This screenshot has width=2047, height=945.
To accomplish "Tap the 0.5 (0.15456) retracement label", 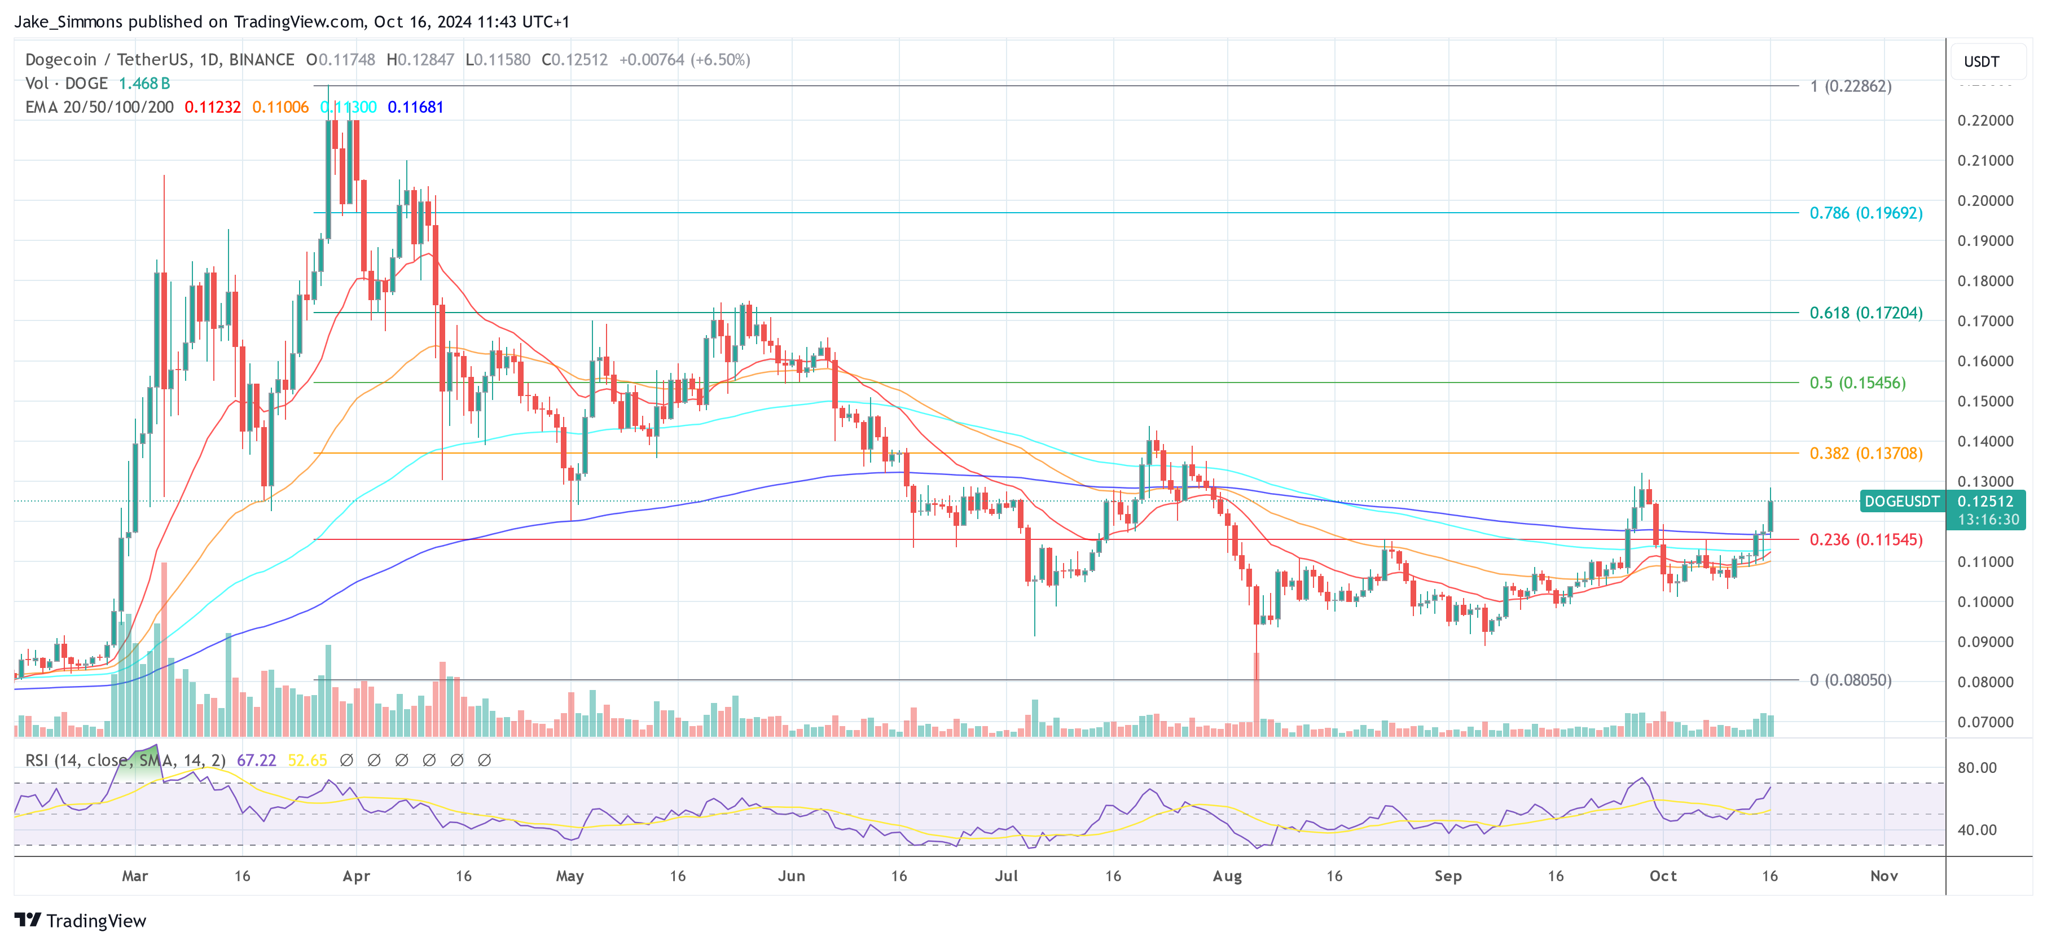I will [x=1857, y=383].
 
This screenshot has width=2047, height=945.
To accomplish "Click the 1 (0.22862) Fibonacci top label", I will [x=1850, y=86].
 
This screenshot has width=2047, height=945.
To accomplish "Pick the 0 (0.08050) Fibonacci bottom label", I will [x=1850, y=680].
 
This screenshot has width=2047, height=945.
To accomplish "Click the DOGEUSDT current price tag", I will [x=1901, y=502].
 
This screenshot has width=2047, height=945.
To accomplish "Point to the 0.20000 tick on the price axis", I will [x=1985, y=201].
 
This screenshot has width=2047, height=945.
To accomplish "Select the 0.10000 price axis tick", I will [x=1985, y=601].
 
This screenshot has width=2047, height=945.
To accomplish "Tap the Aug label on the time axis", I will [x=1227, y=876].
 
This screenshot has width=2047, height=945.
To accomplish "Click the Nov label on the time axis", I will [x=1883, y=876].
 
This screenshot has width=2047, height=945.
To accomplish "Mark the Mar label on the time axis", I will [x=135, y=876].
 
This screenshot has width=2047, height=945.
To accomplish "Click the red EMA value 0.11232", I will [x=212, y=107].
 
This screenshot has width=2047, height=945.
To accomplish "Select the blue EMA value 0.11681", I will [x=415, y=107].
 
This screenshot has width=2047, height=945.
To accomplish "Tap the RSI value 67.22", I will [x=256, y=761].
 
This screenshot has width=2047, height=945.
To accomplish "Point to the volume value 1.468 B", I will [x=144, y=83].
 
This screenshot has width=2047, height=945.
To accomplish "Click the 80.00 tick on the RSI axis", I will [x=1977, y=768].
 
